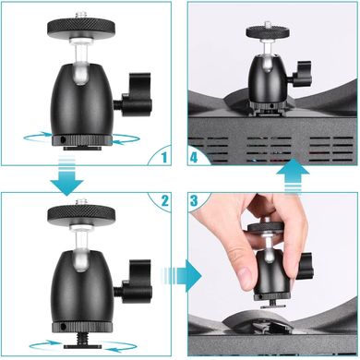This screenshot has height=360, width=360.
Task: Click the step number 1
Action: [164, 157]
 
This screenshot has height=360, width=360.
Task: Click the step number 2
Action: [164, 201]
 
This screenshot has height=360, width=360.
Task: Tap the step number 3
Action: [194, 200]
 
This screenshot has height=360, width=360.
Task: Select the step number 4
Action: [194, 158]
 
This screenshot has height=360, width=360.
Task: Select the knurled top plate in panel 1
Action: [81, 27]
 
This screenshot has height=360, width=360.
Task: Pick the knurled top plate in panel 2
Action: [81, 214]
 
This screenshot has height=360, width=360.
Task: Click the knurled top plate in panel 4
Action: [268, 31]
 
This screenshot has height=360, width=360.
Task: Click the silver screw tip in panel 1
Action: [81, 15]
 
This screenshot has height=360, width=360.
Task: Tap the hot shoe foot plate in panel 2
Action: [82, 346]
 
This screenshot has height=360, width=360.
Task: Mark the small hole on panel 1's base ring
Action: [63, 139]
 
